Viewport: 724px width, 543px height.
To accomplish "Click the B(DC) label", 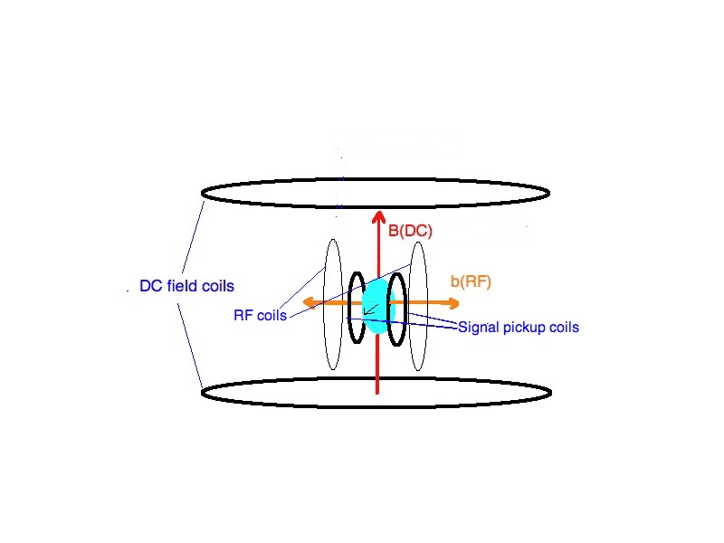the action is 410,231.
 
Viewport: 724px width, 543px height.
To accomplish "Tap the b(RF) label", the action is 471,281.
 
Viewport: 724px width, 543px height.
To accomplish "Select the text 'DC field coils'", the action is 186,286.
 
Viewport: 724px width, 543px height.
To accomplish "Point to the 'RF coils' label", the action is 260,315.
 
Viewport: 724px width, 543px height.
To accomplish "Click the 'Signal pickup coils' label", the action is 519,328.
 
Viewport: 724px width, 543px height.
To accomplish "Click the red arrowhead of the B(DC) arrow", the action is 378,217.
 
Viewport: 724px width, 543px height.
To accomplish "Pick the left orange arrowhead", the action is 310,303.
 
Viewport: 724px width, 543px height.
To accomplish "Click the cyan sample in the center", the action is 377,305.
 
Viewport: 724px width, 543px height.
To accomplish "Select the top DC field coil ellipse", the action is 375,178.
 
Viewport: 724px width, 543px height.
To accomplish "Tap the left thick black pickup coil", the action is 349,308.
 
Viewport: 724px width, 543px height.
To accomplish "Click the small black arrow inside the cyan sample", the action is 371,310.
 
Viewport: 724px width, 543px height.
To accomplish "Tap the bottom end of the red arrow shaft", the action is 377,394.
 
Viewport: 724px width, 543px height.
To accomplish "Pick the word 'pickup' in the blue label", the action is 523,328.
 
